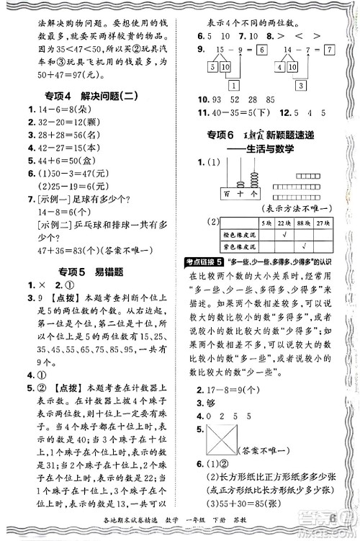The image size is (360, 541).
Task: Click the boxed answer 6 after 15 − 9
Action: pos(261,50)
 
